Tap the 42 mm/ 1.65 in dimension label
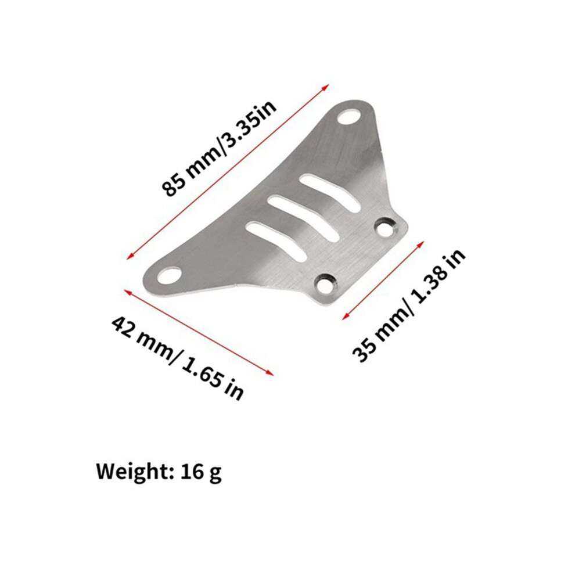tap(178, 358)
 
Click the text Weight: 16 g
tap(159, 472)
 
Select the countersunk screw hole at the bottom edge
tap(325, 283)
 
